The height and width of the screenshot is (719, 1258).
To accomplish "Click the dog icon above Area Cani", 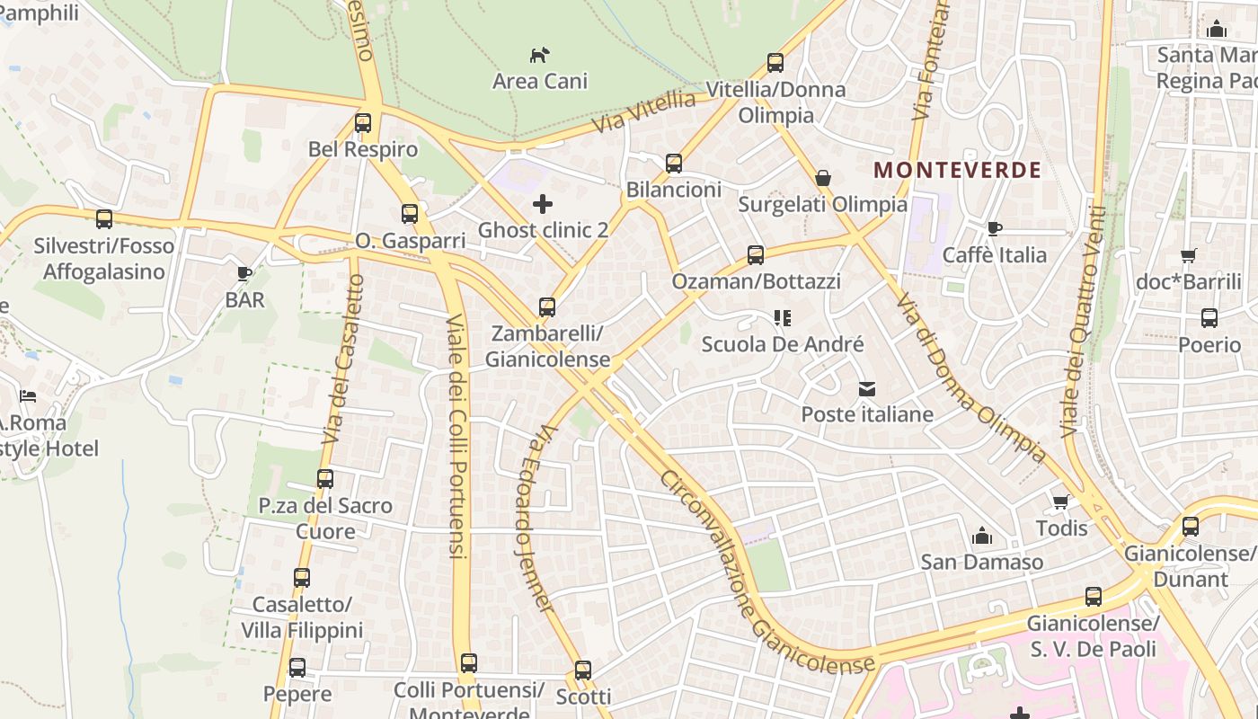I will (539, 55).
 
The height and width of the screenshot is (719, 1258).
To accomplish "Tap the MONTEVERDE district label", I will (957, 170).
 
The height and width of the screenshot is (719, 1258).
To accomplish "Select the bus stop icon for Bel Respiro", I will (363, 123).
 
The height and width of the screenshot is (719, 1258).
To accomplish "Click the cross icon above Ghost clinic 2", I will (543, 204).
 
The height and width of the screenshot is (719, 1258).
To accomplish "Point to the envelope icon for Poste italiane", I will (867, 389).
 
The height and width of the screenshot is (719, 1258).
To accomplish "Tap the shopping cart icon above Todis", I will (1061, 502).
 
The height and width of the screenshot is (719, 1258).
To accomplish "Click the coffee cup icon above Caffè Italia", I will (994, 229).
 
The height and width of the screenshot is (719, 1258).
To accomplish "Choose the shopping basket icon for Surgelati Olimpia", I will (822, 179).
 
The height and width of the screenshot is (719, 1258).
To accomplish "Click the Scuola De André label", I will (782, 344).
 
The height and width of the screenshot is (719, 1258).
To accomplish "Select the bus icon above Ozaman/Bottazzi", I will (756, 255).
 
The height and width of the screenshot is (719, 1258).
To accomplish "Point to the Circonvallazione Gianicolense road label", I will (766, 573).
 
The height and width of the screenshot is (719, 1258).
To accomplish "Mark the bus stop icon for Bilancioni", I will (674, 164).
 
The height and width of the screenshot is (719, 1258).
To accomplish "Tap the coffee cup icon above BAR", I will (244, 273).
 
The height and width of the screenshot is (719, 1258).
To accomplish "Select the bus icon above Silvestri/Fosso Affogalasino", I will (104, 219).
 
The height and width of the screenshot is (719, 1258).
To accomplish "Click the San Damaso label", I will (981, 563).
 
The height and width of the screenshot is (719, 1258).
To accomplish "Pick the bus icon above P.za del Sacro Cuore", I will (325, 479).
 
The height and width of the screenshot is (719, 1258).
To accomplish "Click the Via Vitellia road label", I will (644, 112).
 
